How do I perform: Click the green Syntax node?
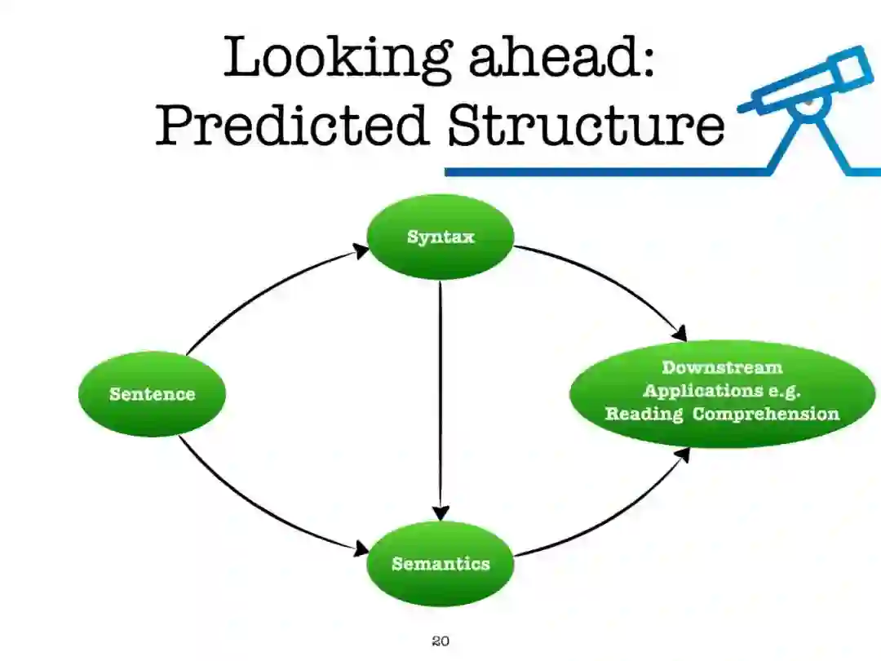(x=440, y=237)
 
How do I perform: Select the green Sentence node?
(x=152, y=394)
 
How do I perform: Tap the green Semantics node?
(x=440, y=564)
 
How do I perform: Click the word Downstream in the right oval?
(x=721, y=368)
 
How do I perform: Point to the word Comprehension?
(x=765, y=414)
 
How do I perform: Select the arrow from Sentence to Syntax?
(x=261, y=290)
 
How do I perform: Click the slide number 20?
(x=440, y=641)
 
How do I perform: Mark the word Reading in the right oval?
(x=644, y=414)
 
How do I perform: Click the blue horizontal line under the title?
(x=604, y=172)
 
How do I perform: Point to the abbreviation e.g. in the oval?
(x=781, y=391)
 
